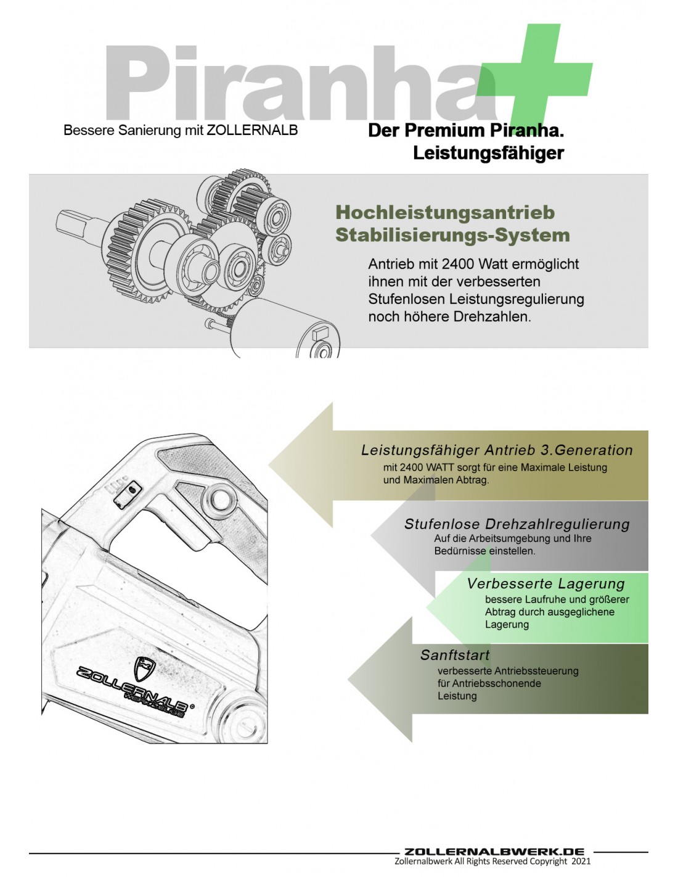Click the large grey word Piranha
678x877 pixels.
tap(296, 83)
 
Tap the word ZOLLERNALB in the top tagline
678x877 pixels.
tap(252, 130)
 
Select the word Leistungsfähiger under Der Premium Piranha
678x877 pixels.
tap(488, 153)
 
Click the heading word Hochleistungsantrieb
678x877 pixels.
tap(445, 213)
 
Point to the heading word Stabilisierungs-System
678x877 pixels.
tap(452, 235)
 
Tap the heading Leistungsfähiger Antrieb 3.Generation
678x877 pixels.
tap(497, 450)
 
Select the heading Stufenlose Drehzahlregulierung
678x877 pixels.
tap(517, 524)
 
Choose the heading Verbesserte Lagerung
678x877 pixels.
tap(545, 583)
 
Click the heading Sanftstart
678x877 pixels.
tap(455, 655)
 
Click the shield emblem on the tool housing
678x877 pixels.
tap(145, 668)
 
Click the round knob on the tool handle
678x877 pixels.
tap(220, 498)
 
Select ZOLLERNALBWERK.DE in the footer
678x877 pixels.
tap(494, 852)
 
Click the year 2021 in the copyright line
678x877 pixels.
tap(581, 862)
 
